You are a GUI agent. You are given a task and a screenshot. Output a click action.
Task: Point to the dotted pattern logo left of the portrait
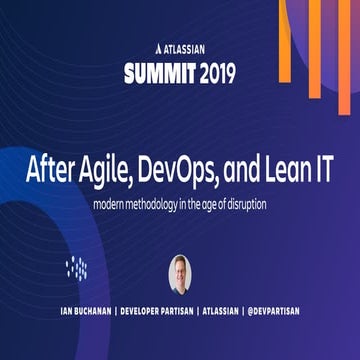78,268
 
